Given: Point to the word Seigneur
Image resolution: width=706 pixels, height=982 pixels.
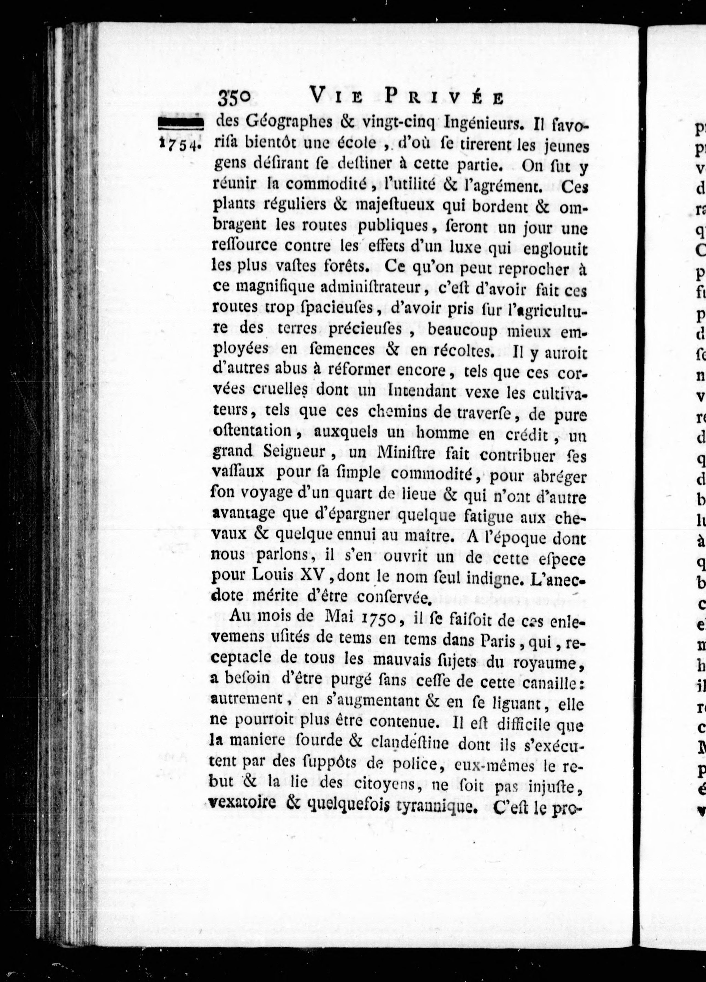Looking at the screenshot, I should coord(294,452).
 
